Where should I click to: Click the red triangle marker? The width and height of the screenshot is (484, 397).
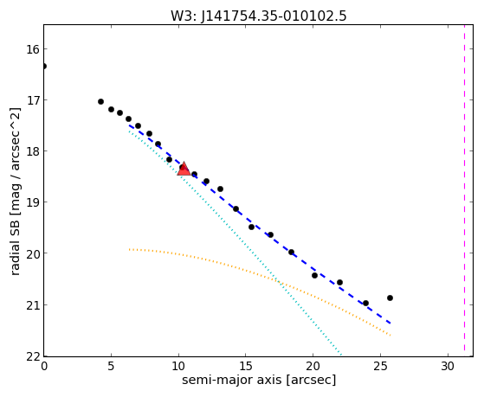pyautogui.click(x=184, y=169)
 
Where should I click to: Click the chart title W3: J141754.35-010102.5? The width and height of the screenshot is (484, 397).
pyautogui.click(x=259, y=16)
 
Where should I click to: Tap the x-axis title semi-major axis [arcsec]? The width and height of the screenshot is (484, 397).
pyautogui.click(x=259, y=380)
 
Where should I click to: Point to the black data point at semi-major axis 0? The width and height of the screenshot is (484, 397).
pyautogui.click(x=44, y=66)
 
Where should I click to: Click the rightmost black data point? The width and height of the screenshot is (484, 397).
pyautogui.click(x=390, y=298)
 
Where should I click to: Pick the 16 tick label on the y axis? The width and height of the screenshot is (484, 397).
pyautogui.click(x=32, y=49)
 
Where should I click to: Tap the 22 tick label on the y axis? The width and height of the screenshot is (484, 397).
pyautogui.click(x=32, y=356)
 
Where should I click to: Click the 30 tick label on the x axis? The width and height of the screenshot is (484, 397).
pyautogui.click(x=448, y=367)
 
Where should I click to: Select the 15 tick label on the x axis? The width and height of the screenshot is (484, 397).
pyautogui.click(x=245, y=367)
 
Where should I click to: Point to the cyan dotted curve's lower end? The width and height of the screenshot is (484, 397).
pyautogui.click(x=341, y=355)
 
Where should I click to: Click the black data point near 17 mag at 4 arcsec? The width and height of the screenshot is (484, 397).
pyautogui.click(x=100, y=101)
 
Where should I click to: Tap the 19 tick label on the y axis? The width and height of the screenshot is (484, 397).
pyautogui.click(x=32, y=202)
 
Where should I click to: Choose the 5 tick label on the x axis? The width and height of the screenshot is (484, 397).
pyautogui.click(x=111, y=367)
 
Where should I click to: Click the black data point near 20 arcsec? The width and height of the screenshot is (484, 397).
pyautogui.click(x=314, y=275)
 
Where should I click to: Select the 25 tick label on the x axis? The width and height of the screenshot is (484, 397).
pyautogui.click(x=380, y=367)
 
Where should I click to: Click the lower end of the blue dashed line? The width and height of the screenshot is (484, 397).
pyautogui.click(x=390, y=323)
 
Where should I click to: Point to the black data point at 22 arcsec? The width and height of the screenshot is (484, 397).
pyautogui.click(x=339, y=282)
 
